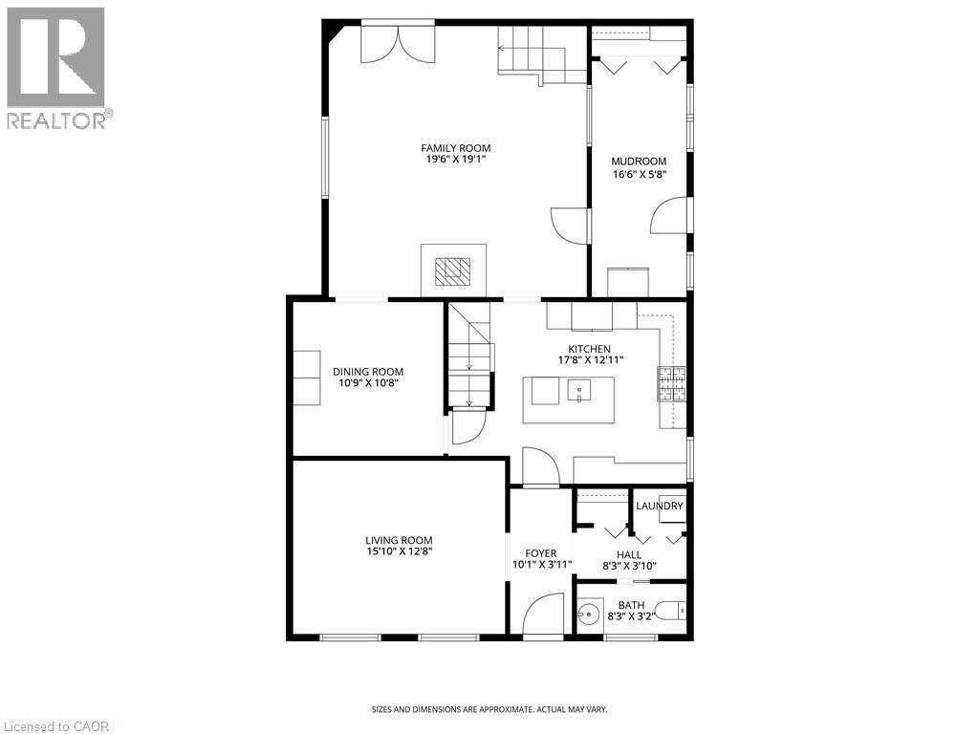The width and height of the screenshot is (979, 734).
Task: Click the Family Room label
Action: (x=456, y=148)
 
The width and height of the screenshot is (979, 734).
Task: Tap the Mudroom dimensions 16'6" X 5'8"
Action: (x=639, y=175)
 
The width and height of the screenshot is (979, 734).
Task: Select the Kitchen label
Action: (x=589, y=349)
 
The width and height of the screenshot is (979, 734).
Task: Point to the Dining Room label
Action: (x=368, y=372)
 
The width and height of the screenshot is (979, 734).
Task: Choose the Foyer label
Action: (x=541, y=553)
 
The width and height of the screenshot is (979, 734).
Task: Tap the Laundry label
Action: (x=660, y=506)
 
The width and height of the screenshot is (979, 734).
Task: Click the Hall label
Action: (x=629, y=554)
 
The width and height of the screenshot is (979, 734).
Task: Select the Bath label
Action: (x=631, y=605)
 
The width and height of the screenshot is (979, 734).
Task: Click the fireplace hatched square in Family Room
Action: (x=453, y=270)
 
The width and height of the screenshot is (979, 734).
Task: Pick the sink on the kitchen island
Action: (x=579, y=391)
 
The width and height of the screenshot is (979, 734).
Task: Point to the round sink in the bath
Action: (x=588, y=613)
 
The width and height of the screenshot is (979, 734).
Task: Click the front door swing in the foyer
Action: (x=543, y=613)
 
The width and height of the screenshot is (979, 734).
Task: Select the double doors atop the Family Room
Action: (x=398, y=44)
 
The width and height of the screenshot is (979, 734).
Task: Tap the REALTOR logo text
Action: (x=59, y=119)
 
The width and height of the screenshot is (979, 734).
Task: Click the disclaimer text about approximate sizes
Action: (x=489, y=709)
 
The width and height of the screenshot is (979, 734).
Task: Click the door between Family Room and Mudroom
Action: (x=570, y=225)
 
